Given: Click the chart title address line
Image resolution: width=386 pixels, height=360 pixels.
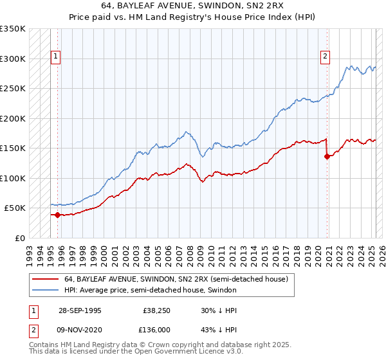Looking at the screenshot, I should tap(192, 6).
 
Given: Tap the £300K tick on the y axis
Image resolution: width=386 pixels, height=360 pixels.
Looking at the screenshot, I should tap(12, 59).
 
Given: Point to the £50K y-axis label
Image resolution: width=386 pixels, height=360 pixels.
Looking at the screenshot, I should tap(14, 208).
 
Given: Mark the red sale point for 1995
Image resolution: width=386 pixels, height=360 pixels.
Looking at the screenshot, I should tap(58, 215).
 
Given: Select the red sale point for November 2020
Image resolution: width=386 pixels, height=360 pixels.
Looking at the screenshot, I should tap(327, 156).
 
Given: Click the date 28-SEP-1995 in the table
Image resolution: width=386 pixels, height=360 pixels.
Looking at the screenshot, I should tap(78, 310).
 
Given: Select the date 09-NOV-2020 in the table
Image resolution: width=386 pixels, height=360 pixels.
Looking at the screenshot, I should tap(79, 330).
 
